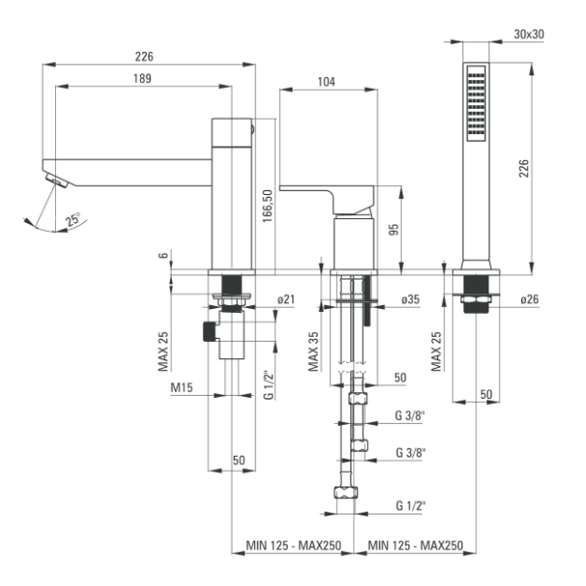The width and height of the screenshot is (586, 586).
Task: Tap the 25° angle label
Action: coord(72,219)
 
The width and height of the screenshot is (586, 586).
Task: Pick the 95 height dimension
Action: coord(393,231)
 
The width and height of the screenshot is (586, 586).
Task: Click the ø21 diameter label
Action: coord(285,300)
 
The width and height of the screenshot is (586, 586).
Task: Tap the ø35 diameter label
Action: coord(410,300)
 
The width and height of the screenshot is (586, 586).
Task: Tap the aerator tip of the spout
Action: coord(55,179)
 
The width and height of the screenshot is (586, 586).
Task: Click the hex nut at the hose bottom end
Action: coord(347,493)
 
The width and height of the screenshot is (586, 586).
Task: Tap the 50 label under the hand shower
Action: coord(486,394)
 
